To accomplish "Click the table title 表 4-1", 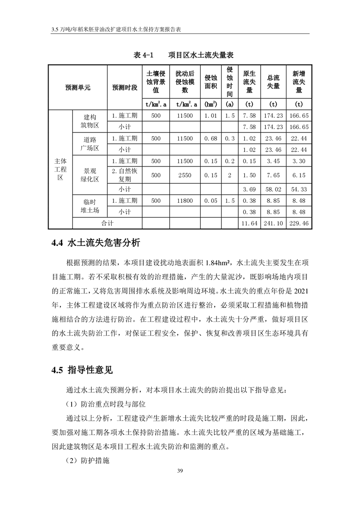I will tap(142, 55).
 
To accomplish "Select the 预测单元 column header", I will tap(78, 88).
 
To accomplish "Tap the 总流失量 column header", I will tap(273, 82).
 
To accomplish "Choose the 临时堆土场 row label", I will tap(89, 206).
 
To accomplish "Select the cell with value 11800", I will tap(185, 200).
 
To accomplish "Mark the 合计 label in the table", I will tap(107, 223).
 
